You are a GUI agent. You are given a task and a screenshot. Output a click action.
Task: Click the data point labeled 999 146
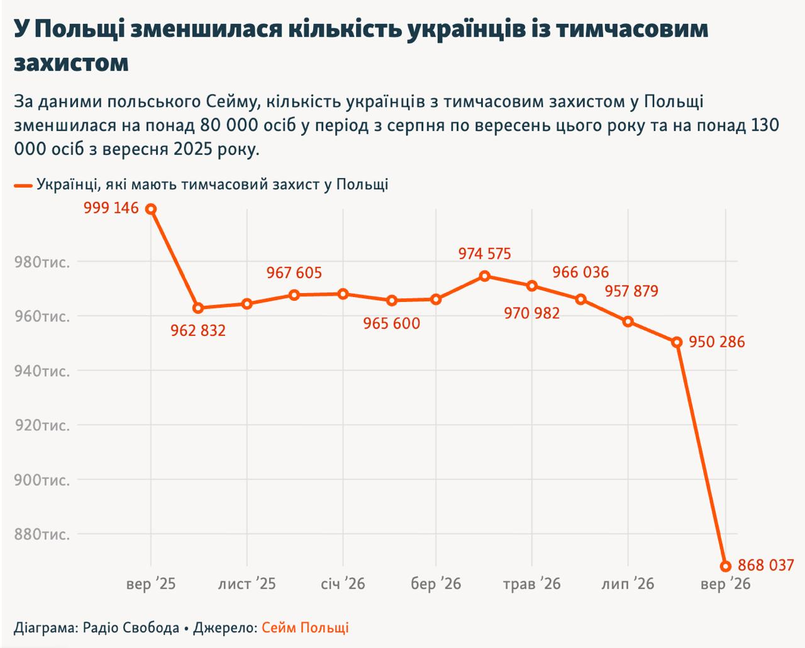pyautogui.click(x=151, y=209)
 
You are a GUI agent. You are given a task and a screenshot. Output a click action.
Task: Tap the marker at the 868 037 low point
pyautogui.click(x=725, y=566)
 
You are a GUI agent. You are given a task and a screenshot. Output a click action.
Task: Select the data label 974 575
pyautogui.click(x=484, y=254)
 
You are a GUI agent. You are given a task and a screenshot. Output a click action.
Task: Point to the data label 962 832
pyautogui.click(x=198, y=330)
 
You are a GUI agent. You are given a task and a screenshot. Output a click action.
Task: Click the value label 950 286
pyautogui.click(x=717, y=342)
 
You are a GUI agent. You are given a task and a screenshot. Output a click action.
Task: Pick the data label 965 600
pyautogui.click(x=391, y=323)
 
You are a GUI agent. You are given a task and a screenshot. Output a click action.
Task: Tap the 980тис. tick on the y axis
pyautogui.click(x=42, y=262)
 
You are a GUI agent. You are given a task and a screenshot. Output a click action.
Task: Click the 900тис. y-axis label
pyautogui.click(x=42, y=480)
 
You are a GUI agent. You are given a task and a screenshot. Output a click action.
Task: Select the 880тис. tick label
pyautogui.click(x=42, y=534)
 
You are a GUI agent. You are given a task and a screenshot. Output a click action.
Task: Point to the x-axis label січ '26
pyautogui.click(x=343, y=584)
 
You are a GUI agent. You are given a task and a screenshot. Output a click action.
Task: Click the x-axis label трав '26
pyautogui.click(x=531, y=584)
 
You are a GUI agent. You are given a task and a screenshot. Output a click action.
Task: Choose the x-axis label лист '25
pyautogui.click(x=247, y=584)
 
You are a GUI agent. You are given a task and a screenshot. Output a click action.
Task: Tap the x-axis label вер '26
pyautogui.click(x=725, y=584)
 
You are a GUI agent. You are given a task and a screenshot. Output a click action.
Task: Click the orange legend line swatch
pyautogui.click(x=23, y=186)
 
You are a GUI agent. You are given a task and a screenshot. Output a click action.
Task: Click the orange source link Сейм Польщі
pyautogui.click(x=305, y=628)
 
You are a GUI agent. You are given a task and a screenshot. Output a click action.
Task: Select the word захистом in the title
pyautogui.click(x=71, y=63)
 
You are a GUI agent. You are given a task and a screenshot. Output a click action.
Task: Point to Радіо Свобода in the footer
pyautogui.click(x=131, y=628)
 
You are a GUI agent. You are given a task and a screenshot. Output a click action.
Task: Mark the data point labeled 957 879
pyautogui.click(x=628, y=321)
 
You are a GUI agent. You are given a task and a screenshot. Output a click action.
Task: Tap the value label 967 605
pyautogui.click(x=294, y=273)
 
